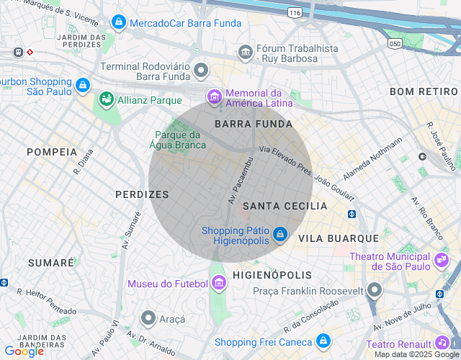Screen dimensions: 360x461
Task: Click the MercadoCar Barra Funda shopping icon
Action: point(119,23)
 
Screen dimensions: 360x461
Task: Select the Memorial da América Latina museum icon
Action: point(214,96)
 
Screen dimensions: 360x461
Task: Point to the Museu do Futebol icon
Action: point(219,284)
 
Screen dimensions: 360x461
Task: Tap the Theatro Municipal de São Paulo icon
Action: point(441,258)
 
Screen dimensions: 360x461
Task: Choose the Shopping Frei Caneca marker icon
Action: point(323,341)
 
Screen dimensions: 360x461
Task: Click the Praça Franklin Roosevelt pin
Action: point(374,290)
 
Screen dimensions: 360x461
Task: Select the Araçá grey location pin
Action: point(148,318)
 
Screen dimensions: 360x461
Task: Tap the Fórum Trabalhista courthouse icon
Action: point(246,53)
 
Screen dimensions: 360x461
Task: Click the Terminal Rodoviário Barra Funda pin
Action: point(201,71)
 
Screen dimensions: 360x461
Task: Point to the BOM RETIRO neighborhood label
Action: point(424,91)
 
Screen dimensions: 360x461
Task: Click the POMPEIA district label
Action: point(52,152)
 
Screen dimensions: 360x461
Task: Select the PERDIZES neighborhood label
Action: point(142,194)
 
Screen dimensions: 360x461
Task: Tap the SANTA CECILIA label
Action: point(285,206)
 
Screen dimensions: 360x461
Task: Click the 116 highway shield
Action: point(294,13)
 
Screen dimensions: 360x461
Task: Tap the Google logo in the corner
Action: point(24,351)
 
